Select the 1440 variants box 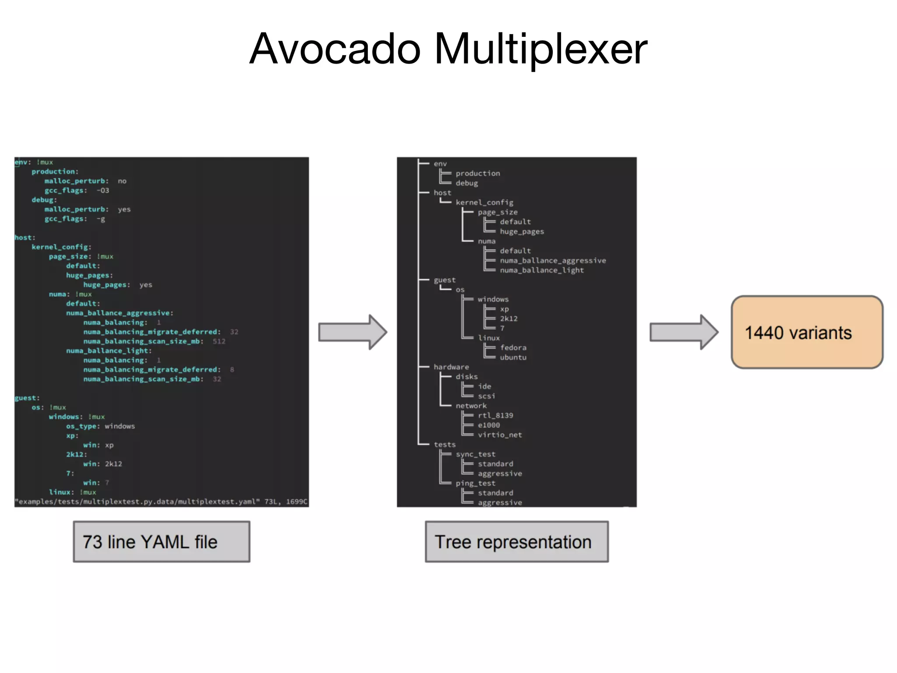pos(806,333)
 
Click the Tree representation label pos(516,542)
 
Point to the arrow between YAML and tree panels pos(352,332)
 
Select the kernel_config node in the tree pos(484,202)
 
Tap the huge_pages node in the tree pos(522,231)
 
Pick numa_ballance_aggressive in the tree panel pos(553,260)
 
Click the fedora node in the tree pos(513,347)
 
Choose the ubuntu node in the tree pos(513,357)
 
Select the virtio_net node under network pos(500,435)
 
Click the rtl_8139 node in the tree pos(495,415)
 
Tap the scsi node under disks pos(486,396)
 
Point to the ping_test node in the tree pos(475,483)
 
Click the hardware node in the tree pos(451,367)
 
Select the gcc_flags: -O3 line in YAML pos(77,191)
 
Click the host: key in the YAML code pos(25,237)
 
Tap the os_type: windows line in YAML pos(100,426)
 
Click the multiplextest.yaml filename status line pos(161,502)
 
